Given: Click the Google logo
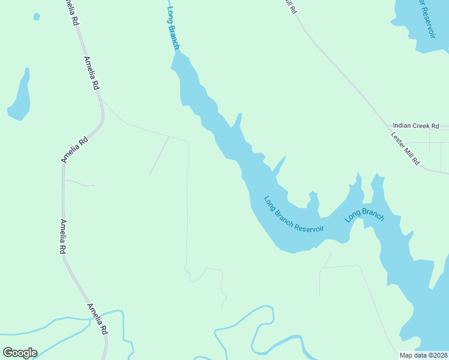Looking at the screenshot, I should [x=20, y=353].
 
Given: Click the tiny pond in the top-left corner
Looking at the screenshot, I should [x=37, y=17].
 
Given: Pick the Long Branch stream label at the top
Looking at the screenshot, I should [x=173, y=29].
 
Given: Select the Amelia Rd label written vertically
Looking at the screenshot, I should [x=62, y=237].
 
